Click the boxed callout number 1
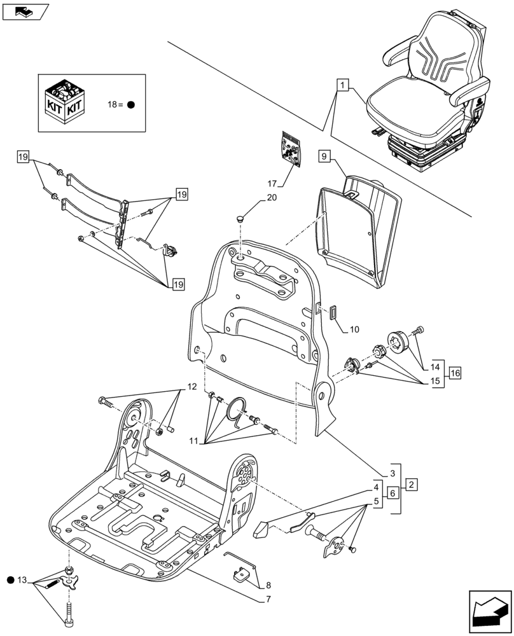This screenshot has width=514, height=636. point(343,85)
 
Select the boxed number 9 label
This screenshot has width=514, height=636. point(324,156)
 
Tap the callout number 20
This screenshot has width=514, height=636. point(272,198)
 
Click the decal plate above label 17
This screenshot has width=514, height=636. point(291,149)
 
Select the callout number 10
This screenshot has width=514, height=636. point(354,329)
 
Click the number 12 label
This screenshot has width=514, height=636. point(191,387)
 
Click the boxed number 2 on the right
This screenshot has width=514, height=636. point(412,485)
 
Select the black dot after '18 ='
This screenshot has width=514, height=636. point(130,104)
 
